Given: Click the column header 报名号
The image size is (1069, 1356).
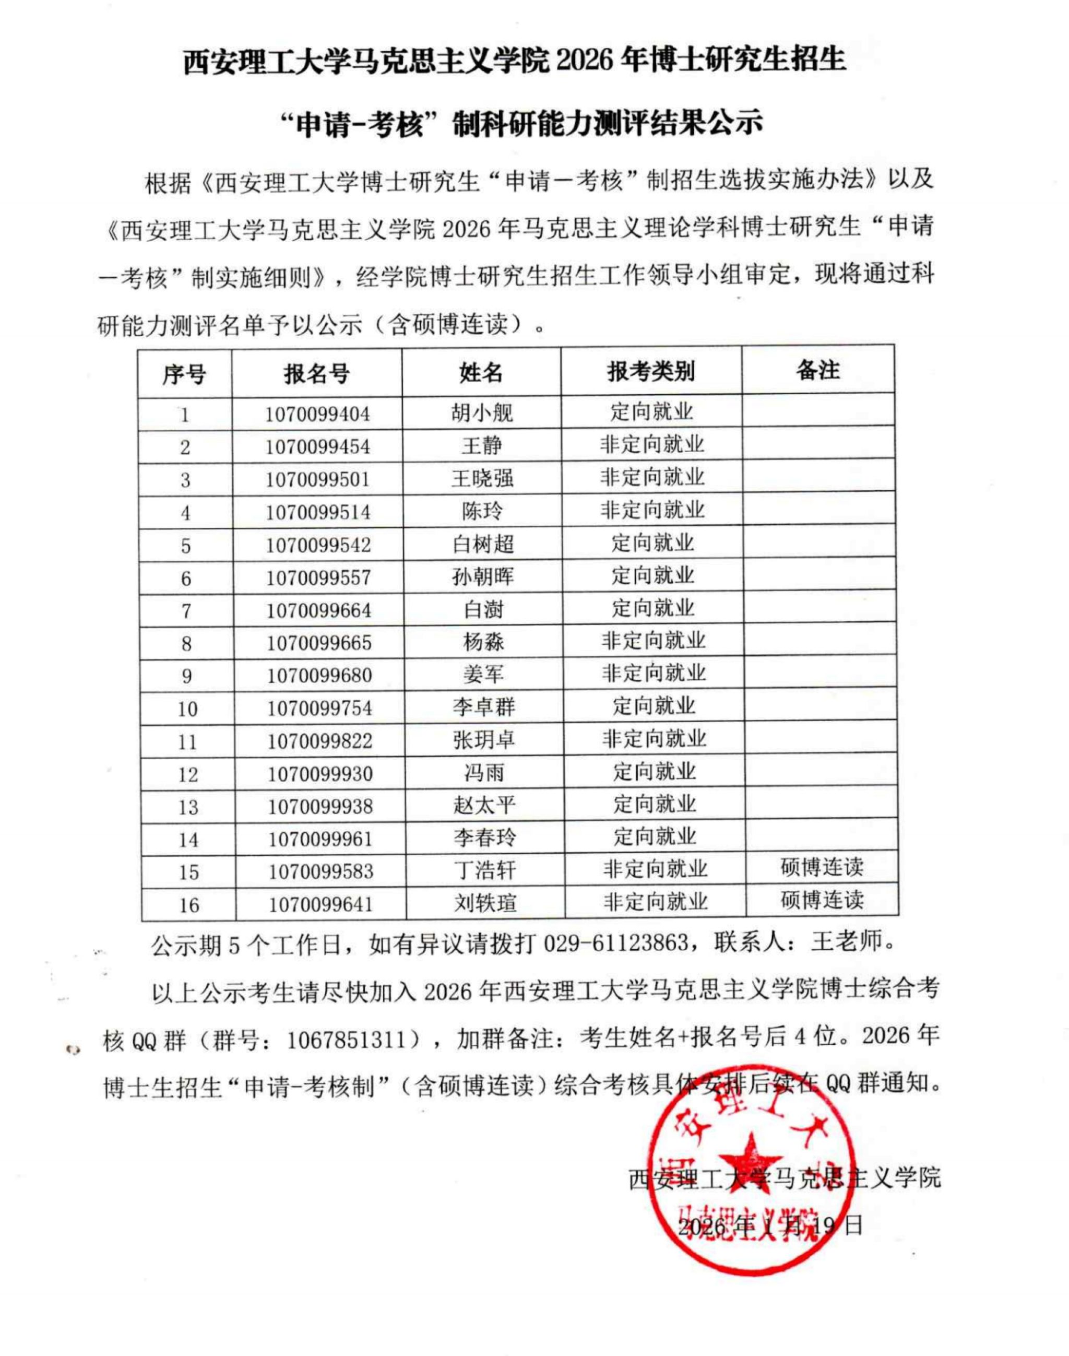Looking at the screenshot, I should (x=316, y=374).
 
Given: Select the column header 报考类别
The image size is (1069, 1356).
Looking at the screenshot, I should (x=651, y=372).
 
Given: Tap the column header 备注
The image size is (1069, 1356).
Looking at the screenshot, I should (x=817, y=370).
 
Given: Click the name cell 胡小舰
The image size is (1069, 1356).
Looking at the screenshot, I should (x=481, y=412).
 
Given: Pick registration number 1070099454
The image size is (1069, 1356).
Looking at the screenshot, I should (x=317, y=447).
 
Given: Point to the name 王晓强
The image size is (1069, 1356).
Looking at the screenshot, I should (x=482, y=479).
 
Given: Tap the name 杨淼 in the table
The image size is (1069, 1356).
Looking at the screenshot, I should (x=483, y=642).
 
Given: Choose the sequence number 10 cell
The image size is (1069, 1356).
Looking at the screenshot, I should (x=187, y=709).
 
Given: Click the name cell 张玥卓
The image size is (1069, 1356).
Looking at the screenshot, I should (x=484, y=740).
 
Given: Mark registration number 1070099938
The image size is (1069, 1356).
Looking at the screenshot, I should (x=320, y=806).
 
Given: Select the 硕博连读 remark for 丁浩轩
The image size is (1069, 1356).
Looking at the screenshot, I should (x=822, y=868).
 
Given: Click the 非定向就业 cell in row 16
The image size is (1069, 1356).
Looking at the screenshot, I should (x=655, y=902).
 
